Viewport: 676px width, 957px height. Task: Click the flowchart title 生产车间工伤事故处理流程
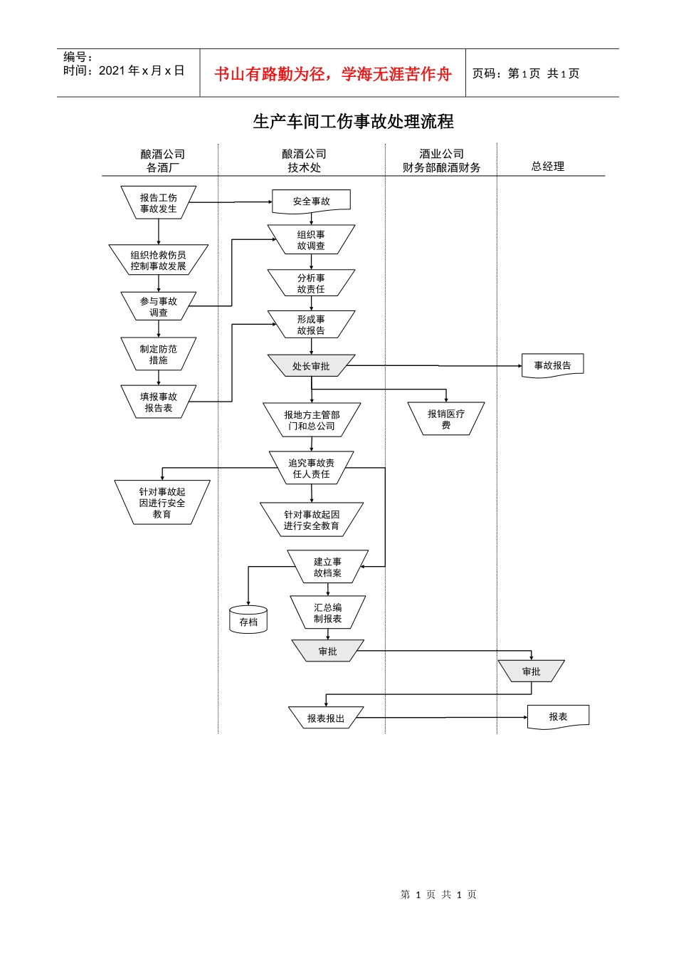click(x=353, y=122)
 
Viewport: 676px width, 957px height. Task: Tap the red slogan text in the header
click(x=333, y=74)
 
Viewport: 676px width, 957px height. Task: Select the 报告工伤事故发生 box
click(x=158, y=203)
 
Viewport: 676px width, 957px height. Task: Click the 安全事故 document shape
click(x=311, y=202)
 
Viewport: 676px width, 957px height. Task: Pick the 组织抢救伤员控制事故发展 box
click(x=158, y=261)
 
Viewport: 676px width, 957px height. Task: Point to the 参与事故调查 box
click(x=158, y=307)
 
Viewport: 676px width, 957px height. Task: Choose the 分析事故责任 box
click(x=311, y=283)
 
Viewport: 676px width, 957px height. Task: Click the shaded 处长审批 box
click(x=311, y=366)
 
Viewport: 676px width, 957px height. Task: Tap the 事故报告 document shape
click(x=552, y=365)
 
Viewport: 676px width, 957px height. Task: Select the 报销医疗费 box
click(x=446, y=419)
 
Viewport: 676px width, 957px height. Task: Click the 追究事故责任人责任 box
click(x=311, y=468)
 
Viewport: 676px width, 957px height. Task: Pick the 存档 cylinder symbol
click(x=248, y=620)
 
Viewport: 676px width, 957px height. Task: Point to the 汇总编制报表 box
click(x=327, y=613)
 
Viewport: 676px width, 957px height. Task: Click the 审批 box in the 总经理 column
click(x=531, y=671)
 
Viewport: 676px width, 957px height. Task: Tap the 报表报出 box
click(x=326, y=718)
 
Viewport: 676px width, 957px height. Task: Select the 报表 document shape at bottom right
click(x=558, y=716)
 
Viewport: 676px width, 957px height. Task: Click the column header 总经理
click(x=547, y=167)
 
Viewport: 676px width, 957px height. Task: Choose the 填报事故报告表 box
click(x=158, y=402)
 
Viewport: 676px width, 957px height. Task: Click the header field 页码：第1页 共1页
click(x=526, y=74)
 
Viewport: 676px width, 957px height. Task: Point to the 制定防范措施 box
click(x=158, y=355)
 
